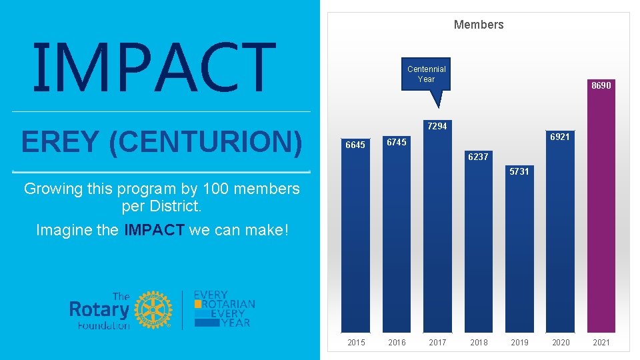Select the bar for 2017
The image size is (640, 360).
click(437, 233)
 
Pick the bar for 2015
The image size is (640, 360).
click(356, 240)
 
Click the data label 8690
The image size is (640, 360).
click(601, 85)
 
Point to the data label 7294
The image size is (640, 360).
click(437, 126)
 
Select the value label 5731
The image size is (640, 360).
click(519, 171)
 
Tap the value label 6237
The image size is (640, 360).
click(478, 157)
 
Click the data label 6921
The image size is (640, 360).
click(559, 137)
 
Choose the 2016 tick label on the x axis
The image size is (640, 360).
click(397, 343)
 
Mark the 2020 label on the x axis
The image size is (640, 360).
click(560, 343)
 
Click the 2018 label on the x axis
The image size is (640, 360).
click(479, 343)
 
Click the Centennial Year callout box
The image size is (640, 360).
click(427, 74)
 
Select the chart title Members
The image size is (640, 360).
click(479, 25)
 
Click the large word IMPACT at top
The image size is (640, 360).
click(154, 67)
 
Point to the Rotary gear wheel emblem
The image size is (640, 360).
click(153, 309)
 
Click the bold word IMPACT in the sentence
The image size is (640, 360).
click(154, 231)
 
